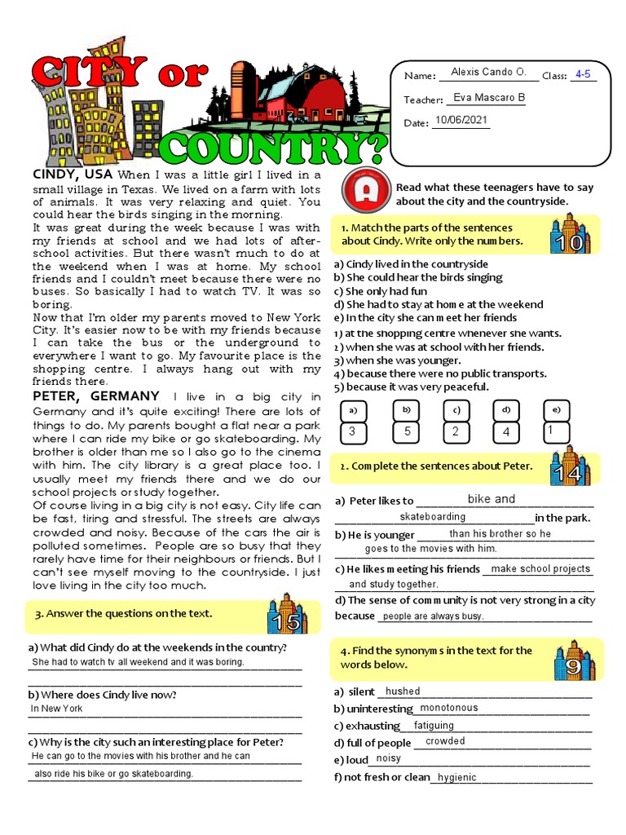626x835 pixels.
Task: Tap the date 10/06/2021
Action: [x=461, y=120]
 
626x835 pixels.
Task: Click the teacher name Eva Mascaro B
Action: [x=488, y=98]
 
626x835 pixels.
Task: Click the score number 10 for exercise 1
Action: [x=571, y=242]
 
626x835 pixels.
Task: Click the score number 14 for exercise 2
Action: [x=571, y=474]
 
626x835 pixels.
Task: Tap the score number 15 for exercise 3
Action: [x=286, y=623]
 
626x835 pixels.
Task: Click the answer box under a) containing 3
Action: [x=352, y=432]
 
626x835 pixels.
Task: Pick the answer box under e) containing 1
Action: [x=557, y=431]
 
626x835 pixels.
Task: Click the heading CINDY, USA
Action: [x=73, y=175]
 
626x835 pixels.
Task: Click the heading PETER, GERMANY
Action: [x=95, y=395]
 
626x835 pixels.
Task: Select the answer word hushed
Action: [x=403, y=691]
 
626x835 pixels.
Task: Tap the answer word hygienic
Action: [x=456, y=778]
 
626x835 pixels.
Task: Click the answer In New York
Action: [x=57, y=709]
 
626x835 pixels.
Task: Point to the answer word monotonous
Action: [x=448, y=709]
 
